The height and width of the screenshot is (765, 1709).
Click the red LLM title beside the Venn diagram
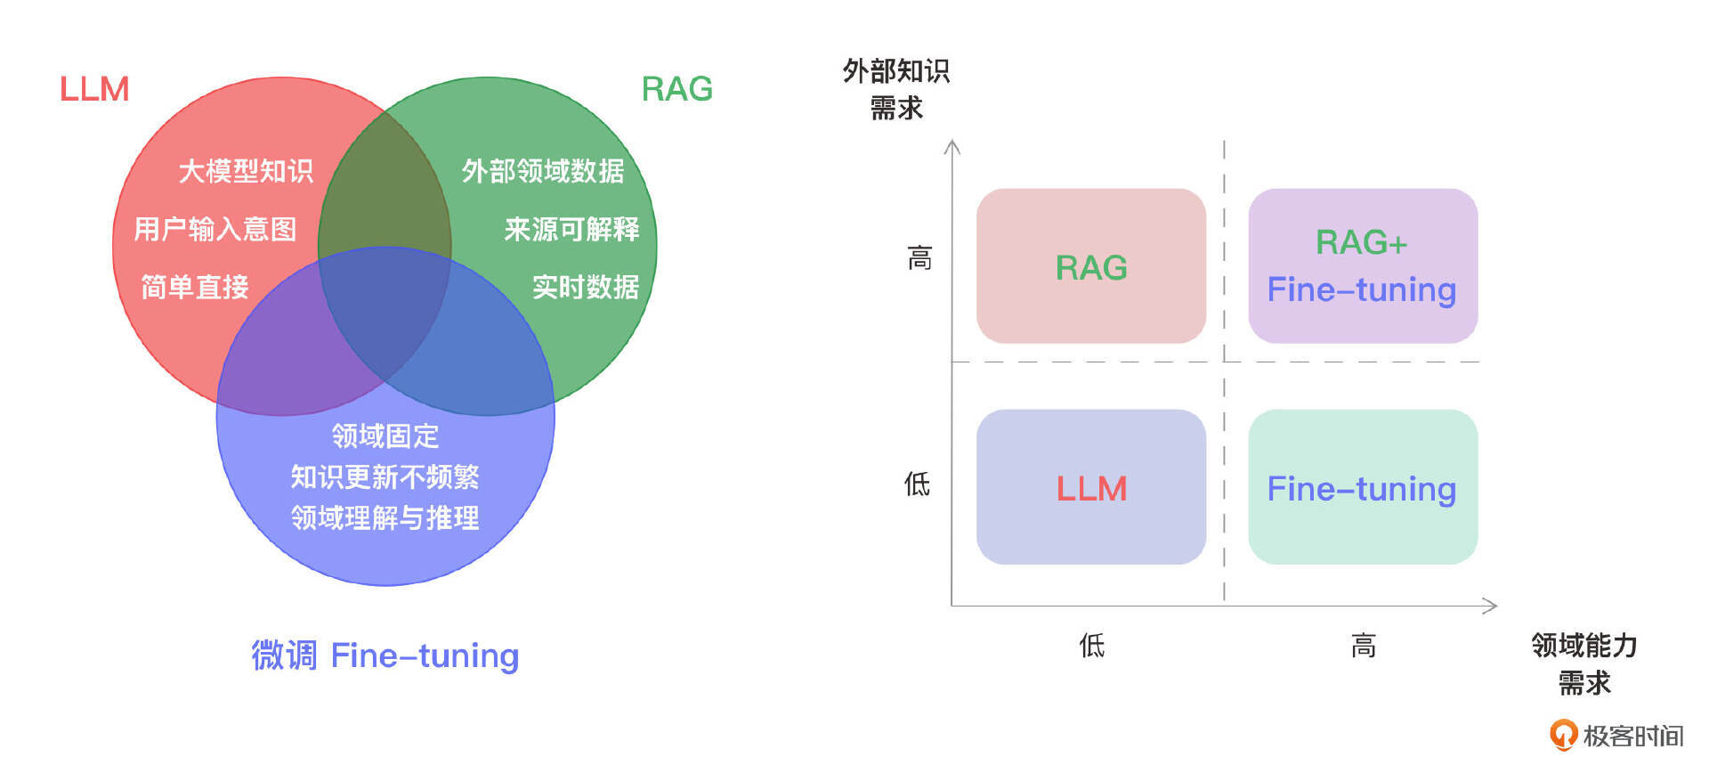pyautogui.click(x=94, y=89)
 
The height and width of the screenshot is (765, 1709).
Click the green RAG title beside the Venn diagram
pyautogui.click(x=676, y=89)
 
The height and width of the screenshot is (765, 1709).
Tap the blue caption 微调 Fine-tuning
pyautogui.click(x=385, y=656)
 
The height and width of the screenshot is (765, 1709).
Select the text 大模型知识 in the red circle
pyautogui.click(x=246, y=171)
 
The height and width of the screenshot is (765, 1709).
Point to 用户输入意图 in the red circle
pyautogui.click(x=215, y=230)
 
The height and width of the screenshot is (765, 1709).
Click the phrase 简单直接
pyautogui.click(x=195, y=288)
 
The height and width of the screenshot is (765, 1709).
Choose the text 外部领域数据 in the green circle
pyautogui.click(x=543, y=171)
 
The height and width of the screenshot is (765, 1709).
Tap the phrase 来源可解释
pyautogui.click(x=571, y=230)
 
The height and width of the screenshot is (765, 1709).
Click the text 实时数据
pyautogui.click(x=585, y=288)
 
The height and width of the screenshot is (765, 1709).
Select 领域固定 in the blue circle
pyautogui.click(x=385, y=436)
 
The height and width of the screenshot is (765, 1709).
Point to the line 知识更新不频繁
pyautogui.click(x=385, y=477)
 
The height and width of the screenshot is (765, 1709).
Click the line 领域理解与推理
pyautogui.click(x=385, y=518)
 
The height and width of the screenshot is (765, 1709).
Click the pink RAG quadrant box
pyautogui.click(x=1090, y=266)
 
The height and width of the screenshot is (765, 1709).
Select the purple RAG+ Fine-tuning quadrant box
pyautogui.click(x=1362, y=266)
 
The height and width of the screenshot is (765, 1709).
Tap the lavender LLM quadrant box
pyautogui.click(x=1090, y=487)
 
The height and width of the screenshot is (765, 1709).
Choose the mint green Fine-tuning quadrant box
pyautogui.click(x=1362, y=487)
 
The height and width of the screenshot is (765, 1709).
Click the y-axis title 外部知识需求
pyautogui.click(x=896, y=89)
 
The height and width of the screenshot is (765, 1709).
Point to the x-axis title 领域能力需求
pyautogui.click(x=1584, y=663)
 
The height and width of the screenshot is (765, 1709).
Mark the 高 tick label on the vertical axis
pyautogui.click(x=919, y=259)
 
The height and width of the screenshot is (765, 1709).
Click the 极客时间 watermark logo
pyautogui.click(x=1616, y=736)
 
